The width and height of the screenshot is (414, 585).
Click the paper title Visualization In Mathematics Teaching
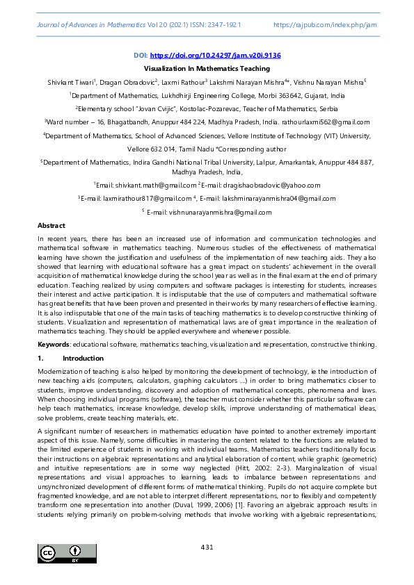point(207,69)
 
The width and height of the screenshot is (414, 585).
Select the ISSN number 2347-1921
point(225,24)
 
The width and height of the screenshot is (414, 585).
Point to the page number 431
point(207,547)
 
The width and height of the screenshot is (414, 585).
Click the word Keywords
point(53,345)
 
